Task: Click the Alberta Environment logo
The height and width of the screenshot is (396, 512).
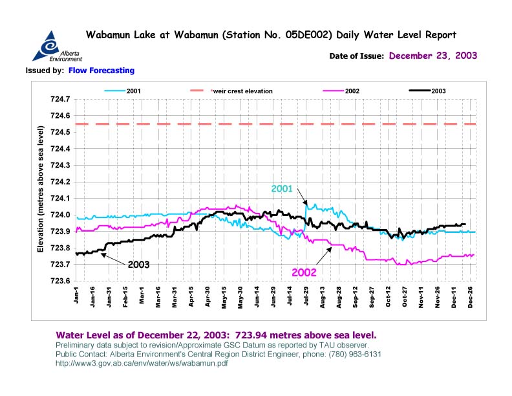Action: pyautogui.click(x=52, y=47)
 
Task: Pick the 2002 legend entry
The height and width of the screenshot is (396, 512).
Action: pyautogui.click(x=352, y=91)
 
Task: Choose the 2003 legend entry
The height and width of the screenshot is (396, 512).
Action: pyautogui.click(x=437, y=91)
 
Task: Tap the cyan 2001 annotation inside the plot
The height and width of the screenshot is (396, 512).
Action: pyautogui.click(x=282, y=190)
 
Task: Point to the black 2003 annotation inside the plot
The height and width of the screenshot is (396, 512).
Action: pyautogui.click(x=138, y=265)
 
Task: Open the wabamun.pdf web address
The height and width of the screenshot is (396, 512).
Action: pyautogui.click(x=142, y=363)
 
